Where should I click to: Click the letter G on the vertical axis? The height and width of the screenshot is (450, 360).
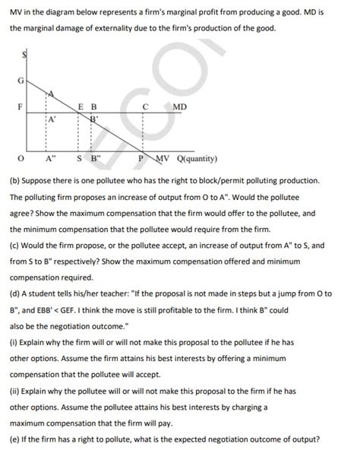[21, 81]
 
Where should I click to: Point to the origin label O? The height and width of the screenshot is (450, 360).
[21, 159]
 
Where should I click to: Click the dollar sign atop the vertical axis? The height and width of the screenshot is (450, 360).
[25, 54]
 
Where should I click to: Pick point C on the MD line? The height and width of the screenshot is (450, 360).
[144, 106]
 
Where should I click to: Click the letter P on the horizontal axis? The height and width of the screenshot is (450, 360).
[141, 159]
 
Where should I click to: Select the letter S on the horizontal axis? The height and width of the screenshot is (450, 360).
[79, 159]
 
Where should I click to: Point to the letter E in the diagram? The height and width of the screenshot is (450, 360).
[81, 106]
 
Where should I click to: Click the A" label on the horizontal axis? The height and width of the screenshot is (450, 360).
[51, 159]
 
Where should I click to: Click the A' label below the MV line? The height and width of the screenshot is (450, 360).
[51, 120]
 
